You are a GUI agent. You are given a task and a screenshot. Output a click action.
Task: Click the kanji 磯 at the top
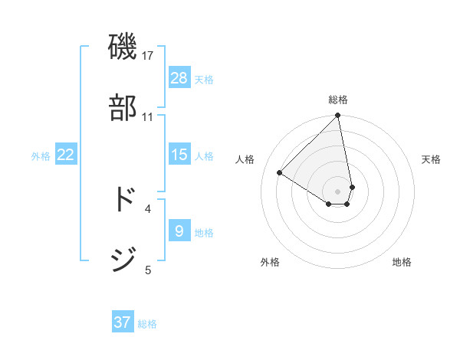[123, 47]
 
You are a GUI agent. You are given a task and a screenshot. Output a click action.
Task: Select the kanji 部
[123, 108]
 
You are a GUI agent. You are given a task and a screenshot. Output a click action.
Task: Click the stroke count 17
[148, 56]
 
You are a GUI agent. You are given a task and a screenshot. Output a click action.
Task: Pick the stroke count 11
[148, 117]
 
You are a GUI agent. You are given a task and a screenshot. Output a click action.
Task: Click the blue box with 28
[179, 78]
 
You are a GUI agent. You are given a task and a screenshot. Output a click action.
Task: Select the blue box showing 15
[179, 155]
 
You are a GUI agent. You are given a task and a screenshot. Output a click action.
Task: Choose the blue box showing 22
[66, 155]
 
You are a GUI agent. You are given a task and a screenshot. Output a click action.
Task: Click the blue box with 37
[123, 322]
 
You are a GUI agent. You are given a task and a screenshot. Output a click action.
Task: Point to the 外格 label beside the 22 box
[41, 156]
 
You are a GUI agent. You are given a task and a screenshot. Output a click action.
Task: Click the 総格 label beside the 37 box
[147, 324]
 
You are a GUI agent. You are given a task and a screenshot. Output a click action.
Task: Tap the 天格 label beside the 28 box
[204, 80]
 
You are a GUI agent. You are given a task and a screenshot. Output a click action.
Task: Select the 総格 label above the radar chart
[338, 100]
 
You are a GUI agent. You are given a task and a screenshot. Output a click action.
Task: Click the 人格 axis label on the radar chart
[245, 159]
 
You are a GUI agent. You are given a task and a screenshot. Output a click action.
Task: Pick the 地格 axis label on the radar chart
[402, 262]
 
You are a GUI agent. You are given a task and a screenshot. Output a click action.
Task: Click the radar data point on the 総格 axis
[337, 116]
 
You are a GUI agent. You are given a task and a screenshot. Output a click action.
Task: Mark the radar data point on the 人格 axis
[280, 173]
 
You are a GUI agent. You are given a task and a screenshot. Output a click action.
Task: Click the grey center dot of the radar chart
[337, 191]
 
